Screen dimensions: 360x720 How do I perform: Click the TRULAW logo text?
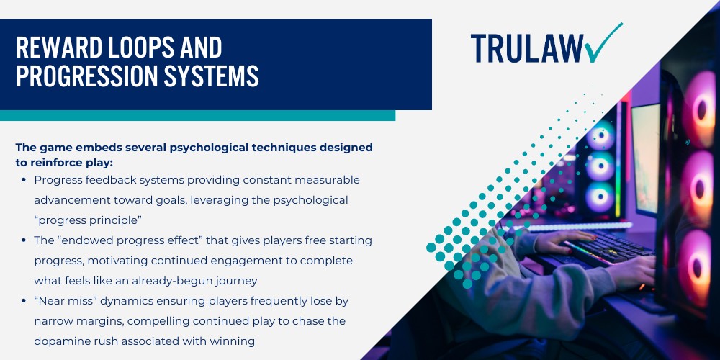click(x=526, y=48)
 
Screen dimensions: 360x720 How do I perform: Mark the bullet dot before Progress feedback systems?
click(x=25, y=180)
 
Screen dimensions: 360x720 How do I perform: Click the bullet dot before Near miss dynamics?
click(x=25, y=301)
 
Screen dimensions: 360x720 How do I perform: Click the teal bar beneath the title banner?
click(x=197, y=115)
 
